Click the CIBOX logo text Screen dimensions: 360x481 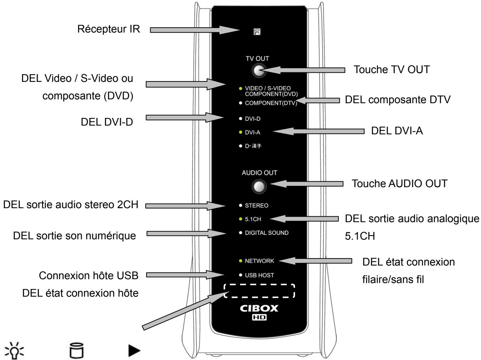259,309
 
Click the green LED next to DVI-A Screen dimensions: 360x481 240,133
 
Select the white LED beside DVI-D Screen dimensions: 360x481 240,119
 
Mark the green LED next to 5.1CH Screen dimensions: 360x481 240,219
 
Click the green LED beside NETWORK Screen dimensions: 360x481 240,261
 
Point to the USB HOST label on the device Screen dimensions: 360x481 259,275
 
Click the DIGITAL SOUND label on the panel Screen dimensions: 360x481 267,233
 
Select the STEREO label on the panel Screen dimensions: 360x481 257,206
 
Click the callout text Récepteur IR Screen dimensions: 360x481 108,29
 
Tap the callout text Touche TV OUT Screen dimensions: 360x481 392,70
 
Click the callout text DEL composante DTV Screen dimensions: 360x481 398,100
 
